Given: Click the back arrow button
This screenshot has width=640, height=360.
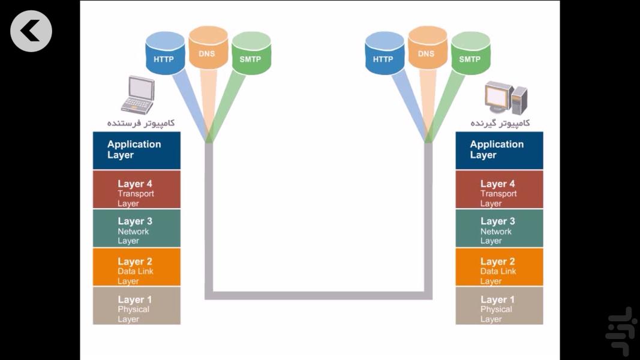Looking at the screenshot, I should (31, 31).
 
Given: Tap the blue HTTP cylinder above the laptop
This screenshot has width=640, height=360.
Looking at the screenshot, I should (165, 54).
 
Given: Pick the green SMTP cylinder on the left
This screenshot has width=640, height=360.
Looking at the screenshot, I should (251, 54).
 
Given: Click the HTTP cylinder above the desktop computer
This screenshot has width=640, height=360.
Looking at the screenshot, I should (384, 54).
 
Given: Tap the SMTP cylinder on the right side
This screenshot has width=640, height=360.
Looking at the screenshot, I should (471, 54).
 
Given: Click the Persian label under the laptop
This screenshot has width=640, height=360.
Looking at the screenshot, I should (141, 123).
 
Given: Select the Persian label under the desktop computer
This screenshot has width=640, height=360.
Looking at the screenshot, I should (500, 123).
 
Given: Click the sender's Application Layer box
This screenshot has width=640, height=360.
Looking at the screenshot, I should (137, 150).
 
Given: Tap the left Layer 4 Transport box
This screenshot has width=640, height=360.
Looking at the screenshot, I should (137, 189).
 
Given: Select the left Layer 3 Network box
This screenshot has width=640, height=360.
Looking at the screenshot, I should (137, 228).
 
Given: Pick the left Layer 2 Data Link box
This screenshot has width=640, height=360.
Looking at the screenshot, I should (137, 267).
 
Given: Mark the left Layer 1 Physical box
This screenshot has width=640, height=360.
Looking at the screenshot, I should (137, 305).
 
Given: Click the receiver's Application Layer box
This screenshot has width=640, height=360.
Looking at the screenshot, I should (499, 150).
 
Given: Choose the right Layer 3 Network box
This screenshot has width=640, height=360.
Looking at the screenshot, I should (499, 228).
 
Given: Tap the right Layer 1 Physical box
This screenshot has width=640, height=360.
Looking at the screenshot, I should (499, 305).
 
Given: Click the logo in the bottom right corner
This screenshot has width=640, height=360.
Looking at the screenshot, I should (620, 331).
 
